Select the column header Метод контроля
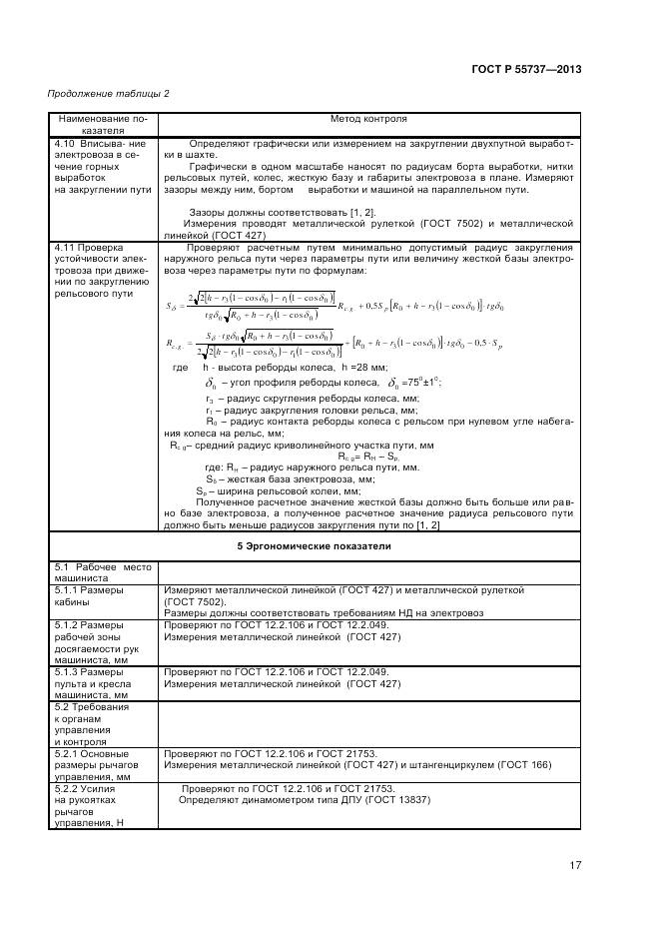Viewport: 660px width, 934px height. pos(368,119)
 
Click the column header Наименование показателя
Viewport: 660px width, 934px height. pos(103,124)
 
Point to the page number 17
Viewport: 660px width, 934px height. pos(575,865)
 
